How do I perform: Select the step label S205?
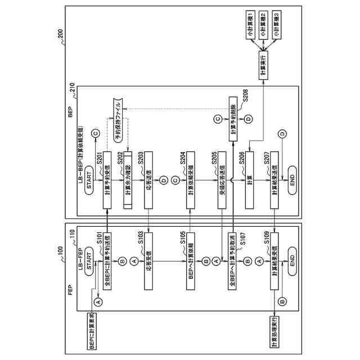pos(215,160)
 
